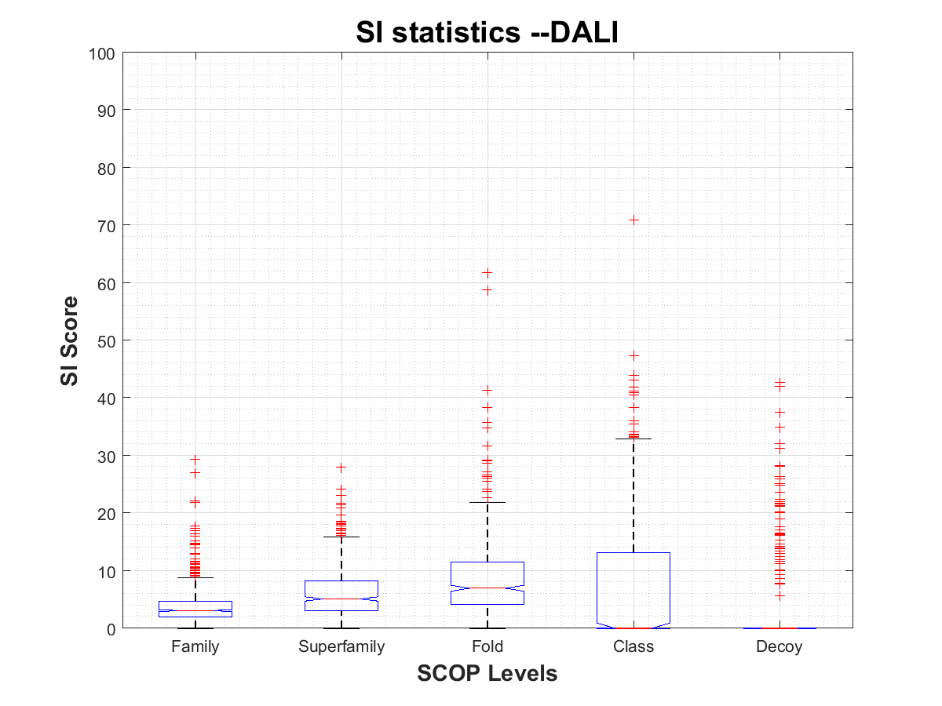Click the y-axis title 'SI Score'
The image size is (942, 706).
[x=70, y=340]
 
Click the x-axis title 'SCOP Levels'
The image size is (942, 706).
[x=487, y=673]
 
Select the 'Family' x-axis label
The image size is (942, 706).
[x=195, y=647]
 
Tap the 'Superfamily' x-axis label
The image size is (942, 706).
[x=341, y=647]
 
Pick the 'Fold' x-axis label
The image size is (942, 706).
[x=487, y=647]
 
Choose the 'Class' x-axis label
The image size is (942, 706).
[x=633, y=647]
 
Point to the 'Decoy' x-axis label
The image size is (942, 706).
[x=780, y=647]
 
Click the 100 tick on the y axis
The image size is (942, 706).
[x=105, y=53]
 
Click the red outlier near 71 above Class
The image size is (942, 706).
[x=633, y=220]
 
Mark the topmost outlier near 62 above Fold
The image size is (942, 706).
[x=487, y=273]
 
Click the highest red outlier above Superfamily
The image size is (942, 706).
[x=341, y=467]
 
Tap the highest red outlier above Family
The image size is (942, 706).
[x=195, y=460]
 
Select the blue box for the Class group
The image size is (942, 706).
[x=633, y=588]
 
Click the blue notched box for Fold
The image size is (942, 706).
[x=487, y=583]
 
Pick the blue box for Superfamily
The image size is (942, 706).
[x=341, y=595]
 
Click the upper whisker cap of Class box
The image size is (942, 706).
[x=633, y=439]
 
